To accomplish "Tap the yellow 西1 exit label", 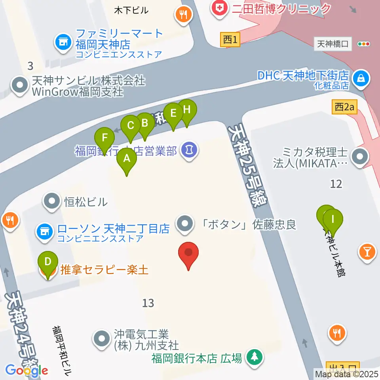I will [x=230, y=40].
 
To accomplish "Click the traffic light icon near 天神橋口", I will [x=363, y=44].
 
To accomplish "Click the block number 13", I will [x=148, y=303].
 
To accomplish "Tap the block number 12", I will [x=336, y=183].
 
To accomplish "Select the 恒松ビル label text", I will [x=85, y=202].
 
